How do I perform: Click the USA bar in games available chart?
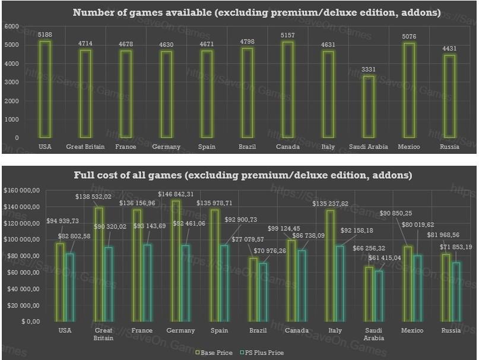[x=45, y=89]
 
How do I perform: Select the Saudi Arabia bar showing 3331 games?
[x=369, y=107]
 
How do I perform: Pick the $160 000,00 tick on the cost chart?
[x=22, y=190]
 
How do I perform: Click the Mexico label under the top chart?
[x=410, y=147]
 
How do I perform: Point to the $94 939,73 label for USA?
[x=62, y=221]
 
